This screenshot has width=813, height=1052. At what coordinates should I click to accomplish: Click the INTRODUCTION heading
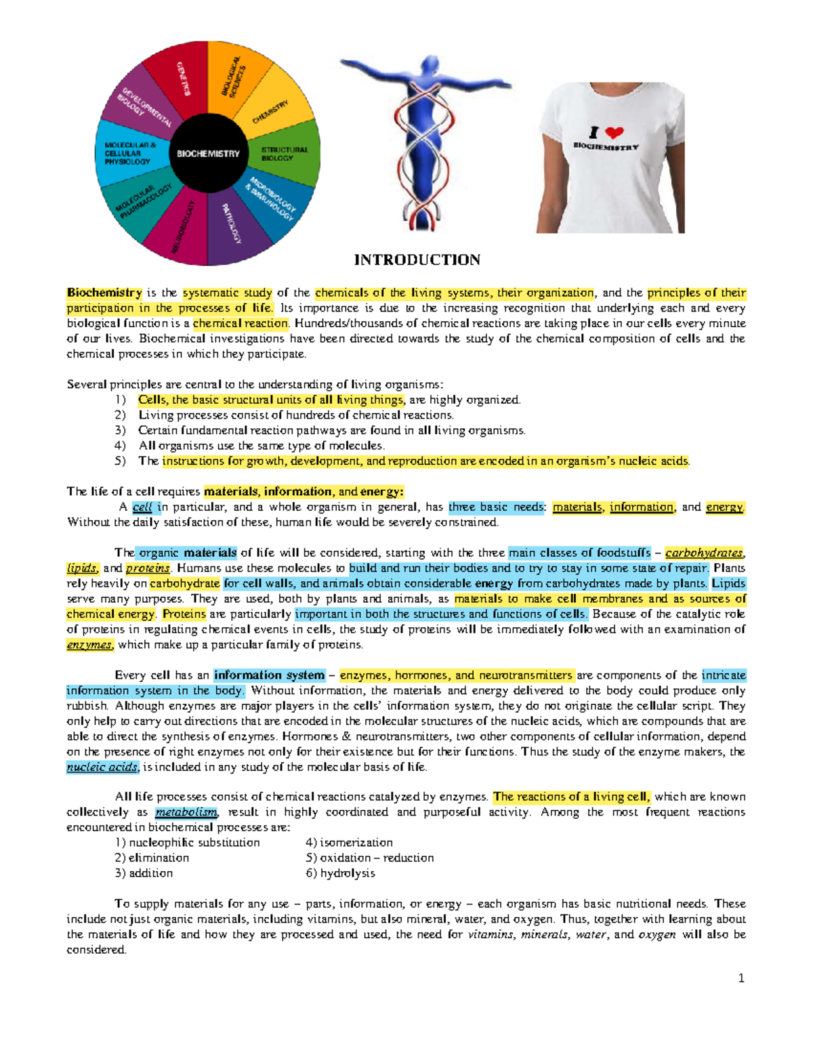(417, 260)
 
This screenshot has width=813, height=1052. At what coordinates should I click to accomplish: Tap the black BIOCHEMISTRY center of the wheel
(208, 154)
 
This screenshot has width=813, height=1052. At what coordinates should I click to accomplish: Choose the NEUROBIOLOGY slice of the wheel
(184, 227)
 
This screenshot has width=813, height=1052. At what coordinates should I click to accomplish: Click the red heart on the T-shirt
(614, 132)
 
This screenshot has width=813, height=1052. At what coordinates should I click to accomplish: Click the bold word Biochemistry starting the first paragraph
(104, 293)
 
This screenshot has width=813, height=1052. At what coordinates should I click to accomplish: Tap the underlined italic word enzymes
(89, 645)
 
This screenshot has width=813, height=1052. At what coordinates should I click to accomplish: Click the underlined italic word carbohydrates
(704, 553)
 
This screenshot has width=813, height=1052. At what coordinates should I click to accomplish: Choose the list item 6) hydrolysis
(340, 873)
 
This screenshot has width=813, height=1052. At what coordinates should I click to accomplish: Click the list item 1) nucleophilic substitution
(188, 843)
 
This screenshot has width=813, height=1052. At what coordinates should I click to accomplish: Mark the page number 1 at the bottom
(741, 978)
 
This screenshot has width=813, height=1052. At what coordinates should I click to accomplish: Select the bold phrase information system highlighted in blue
(269, 675)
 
